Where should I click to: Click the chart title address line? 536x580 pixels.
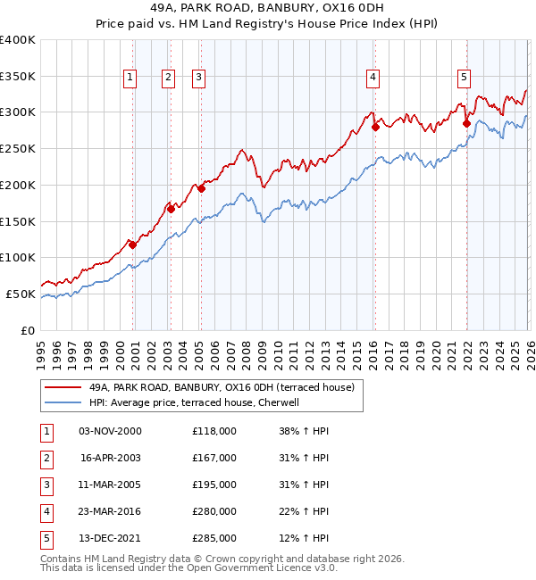pos(268,8)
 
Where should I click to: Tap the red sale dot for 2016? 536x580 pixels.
pos(375,127)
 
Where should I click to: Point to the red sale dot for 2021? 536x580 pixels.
pos(466,124)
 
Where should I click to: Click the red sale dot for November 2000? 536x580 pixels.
pos(132,244)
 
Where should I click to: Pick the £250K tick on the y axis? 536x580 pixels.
pos(18,149)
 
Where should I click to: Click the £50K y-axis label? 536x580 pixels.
pos(21,294)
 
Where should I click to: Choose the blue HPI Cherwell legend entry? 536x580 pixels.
pos(197,402)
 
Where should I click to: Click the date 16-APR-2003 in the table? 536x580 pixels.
pos(110,458)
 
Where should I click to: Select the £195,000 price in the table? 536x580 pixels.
pos(214,485)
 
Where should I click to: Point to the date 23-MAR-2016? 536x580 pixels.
pos(110,511)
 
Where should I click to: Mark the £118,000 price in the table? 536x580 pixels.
pos(214,431)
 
